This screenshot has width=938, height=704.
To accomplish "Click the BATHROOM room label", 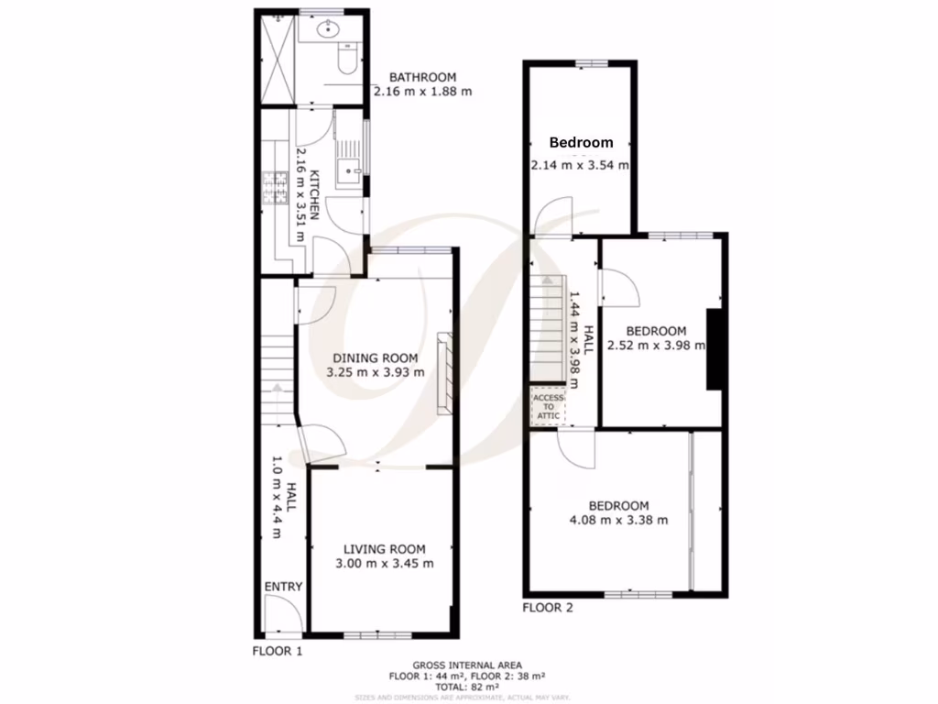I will [x=422, y=77].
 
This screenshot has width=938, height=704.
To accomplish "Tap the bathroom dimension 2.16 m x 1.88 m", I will [x=422, y=92].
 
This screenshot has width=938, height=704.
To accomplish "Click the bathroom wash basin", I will [x=327, y=31].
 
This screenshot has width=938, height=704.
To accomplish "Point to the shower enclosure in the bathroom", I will [x=278, y=60].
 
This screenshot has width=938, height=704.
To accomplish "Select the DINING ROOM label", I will [x=375, y=357].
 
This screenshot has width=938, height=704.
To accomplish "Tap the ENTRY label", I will [x=283, y=587].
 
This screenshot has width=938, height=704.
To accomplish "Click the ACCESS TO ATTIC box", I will [x=549, y=406].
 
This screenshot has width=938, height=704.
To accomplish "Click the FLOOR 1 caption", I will [x=277, y=651].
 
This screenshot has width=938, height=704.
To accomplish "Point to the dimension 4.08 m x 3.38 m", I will [x=618, y=520].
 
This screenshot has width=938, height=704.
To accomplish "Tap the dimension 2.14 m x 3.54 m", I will [x=580, y=165].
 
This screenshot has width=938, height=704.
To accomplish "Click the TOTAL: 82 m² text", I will [x=467, y=687].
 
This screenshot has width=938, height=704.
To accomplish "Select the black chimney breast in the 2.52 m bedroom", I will [x=714, y=350].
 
